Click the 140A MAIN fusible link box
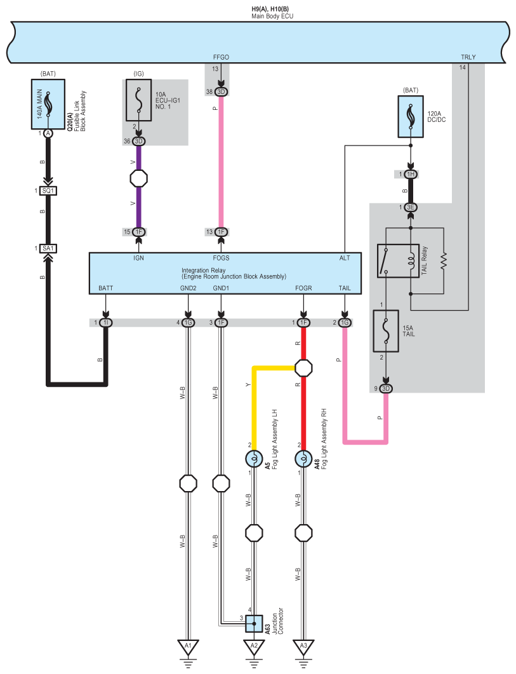[48, 104]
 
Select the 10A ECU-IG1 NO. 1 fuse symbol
[138, 100]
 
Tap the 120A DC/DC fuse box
[411, 116]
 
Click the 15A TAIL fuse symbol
[386, 331]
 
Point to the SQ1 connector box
[48, 191]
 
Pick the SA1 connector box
[48, 248]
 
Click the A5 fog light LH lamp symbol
[254, 459]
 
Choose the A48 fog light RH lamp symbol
[303, 459]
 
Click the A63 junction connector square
[254, 623]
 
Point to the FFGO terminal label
[221, 57]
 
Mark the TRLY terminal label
[468, 57]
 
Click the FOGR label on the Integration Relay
[303, 288]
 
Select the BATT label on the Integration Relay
[106, 288]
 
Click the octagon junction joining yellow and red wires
[303, 368]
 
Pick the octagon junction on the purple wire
[138, 178]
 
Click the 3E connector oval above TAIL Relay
[411, 207]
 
